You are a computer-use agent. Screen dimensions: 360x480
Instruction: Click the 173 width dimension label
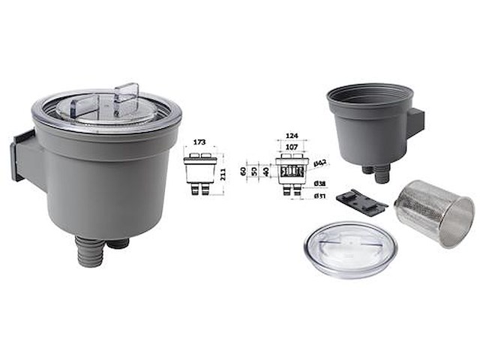click(x=199, y=141)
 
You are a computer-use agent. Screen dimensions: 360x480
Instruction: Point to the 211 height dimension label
click(x=222, y=174)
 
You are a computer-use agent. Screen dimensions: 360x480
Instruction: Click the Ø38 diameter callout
click(x=319, y=184)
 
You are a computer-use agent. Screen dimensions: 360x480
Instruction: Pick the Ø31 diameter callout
click(x=319, y=197)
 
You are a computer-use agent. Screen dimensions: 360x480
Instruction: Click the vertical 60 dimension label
click(x=244, y=171)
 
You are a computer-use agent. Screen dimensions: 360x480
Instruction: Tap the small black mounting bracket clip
click(x=361, y=200)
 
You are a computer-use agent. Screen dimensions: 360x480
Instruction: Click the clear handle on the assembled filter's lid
click(x=125, y=97)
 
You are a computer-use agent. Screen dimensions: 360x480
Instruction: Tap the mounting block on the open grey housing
click(x=415, y=123)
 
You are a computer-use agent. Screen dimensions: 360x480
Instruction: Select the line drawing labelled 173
click(x=200, y=172)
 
